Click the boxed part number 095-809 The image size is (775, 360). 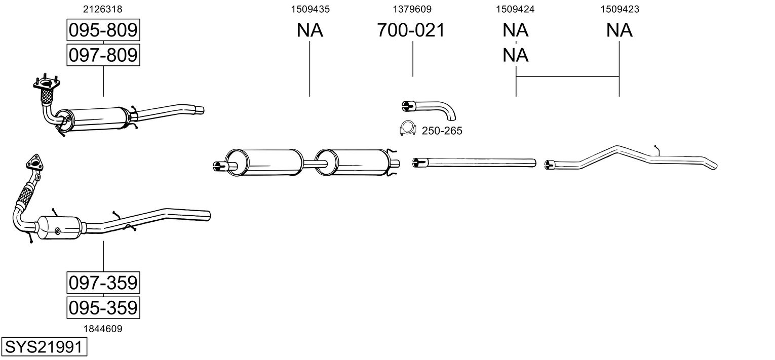tap(103, 30)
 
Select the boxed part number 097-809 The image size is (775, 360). tap(103, 55)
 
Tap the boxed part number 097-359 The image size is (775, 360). tap(103, 283)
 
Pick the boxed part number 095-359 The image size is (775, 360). tap(103, 307)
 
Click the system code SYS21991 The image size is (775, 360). tap(44, 346)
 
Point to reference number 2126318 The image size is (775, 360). tap(103, 9)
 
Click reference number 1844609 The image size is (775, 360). tap(103, 329)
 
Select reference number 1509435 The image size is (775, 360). tap(310, 9)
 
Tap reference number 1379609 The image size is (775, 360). tap(412, 9)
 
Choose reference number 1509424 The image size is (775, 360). tap(515, 9)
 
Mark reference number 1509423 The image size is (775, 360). tap(619, 9)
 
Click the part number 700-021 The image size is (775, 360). tap(411, 30)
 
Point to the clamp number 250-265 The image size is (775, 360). tap(442, 131)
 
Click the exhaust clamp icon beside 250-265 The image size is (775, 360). tap(408, 128)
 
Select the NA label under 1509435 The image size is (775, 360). tap(309, 30)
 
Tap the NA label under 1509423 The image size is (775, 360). tap(619, 30)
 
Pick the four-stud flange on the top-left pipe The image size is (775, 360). tap(47, 84)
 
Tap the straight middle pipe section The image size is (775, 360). tap(474, 162)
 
